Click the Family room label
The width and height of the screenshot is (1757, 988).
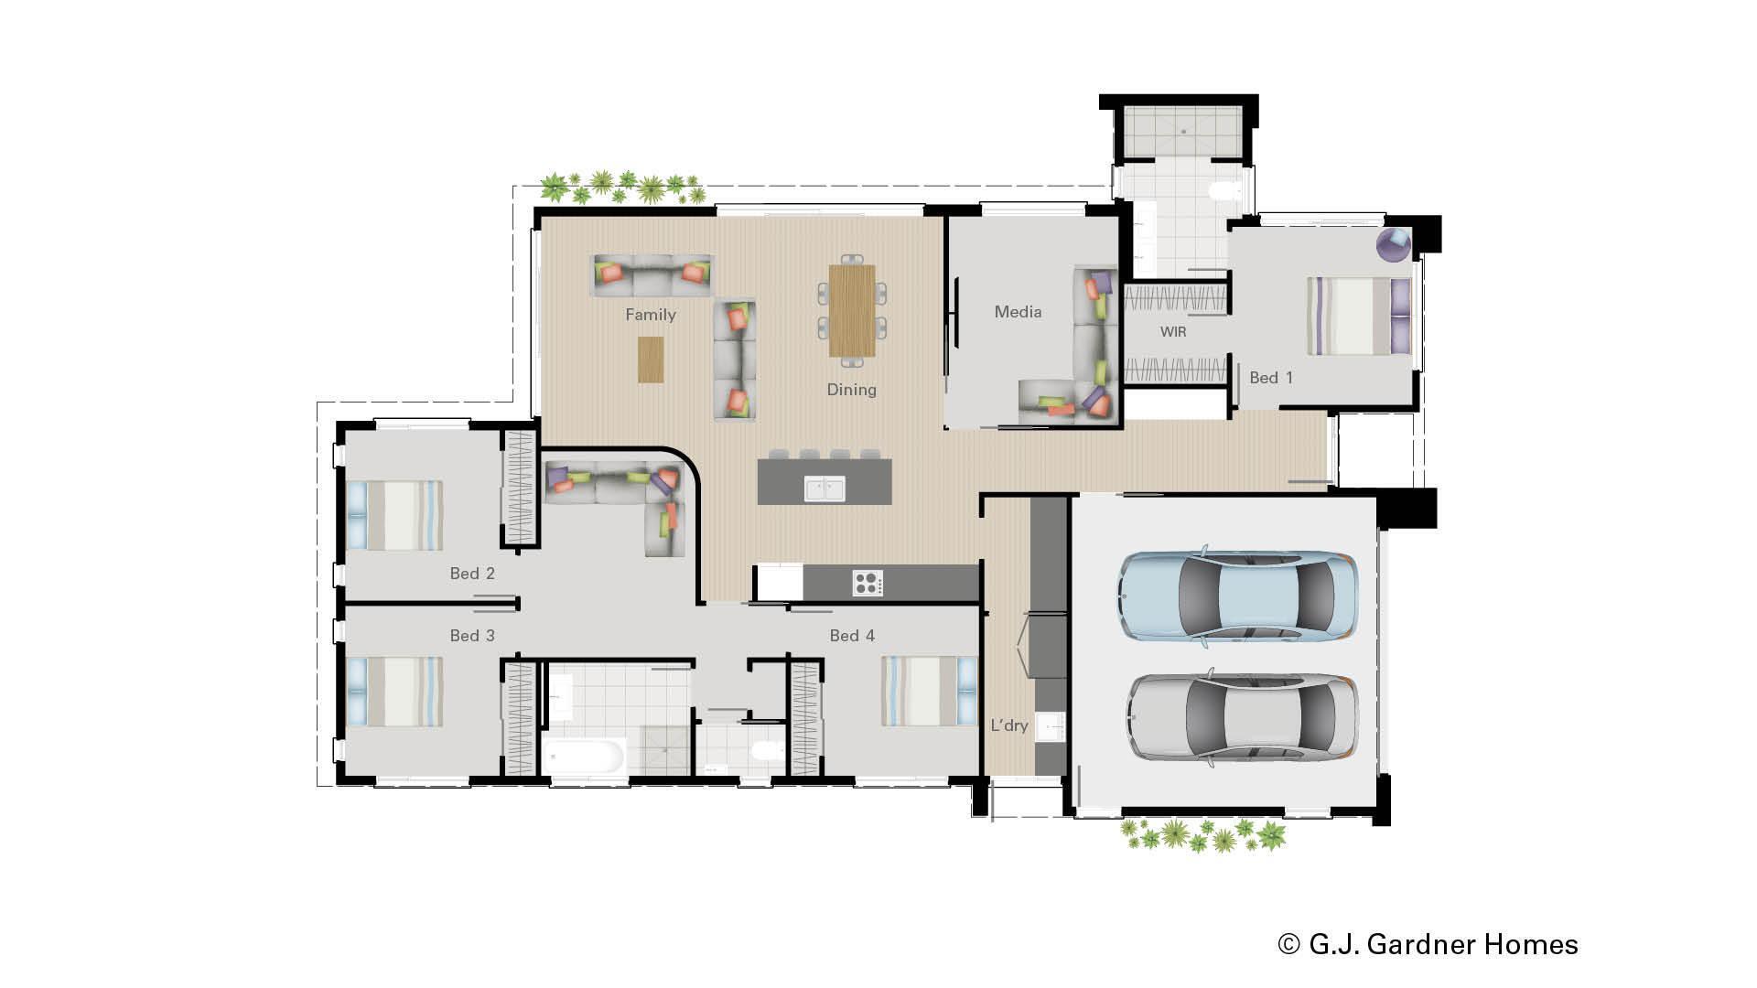[x=651, y=315]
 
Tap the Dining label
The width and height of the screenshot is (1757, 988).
[x=851, y=390]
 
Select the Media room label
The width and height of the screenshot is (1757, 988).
[x=1018, y=312]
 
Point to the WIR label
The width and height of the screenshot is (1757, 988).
[x=1173, y=332]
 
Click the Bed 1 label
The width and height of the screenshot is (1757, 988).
[x=1271, y=378]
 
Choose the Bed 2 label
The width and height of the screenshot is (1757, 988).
[x=472, y=574]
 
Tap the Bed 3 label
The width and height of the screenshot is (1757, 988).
[x=472, y=636]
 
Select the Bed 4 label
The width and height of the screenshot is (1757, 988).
[x=852, y=636]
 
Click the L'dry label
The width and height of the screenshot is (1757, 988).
[x=1009, y=725]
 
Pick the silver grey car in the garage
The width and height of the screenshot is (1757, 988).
[x=1242, y=717]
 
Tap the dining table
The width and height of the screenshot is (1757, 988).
[x=852, y=311]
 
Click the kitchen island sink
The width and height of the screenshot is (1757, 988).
[x=825, y=489]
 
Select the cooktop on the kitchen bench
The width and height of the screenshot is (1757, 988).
[x=868, y=583]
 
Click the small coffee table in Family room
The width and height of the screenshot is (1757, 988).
[x=651, y=360]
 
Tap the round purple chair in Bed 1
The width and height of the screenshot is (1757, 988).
[x=1394, y=245]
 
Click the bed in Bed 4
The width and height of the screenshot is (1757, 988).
[x=929, y=691]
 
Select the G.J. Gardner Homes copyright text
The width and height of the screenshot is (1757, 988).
[x=1428, y=944]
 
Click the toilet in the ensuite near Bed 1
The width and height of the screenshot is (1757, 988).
[x=1224, y=191]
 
